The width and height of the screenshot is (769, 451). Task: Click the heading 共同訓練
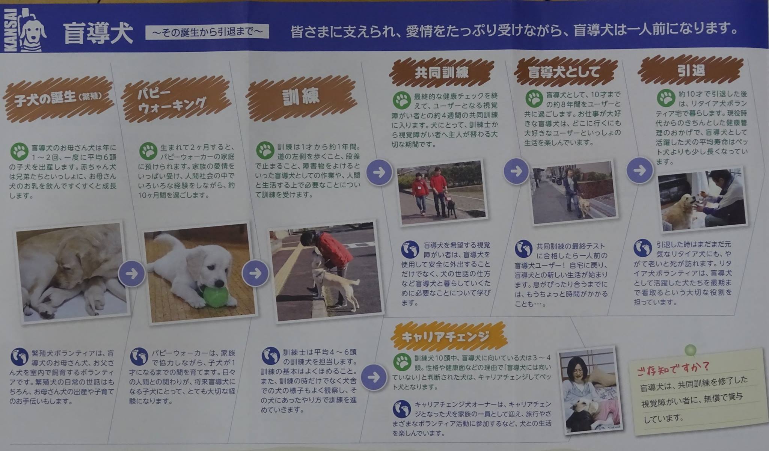coord(442,72)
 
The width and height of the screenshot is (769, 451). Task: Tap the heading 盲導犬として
coord(564,72)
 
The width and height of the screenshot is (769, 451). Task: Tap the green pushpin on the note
coord(690,350)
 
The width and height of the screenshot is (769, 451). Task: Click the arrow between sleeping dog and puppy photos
coord(132,273)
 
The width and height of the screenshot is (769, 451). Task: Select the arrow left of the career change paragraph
coord(373,377)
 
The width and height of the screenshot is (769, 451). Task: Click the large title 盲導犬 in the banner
coord(98,33)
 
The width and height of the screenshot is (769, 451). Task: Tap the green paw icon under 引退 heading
coord(666,98)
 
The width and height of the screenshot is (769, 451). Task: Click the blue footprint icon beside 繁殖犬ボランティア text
coord(20,357)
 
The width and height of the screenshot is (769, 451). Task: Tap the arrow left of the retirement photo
coord(639,170)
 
